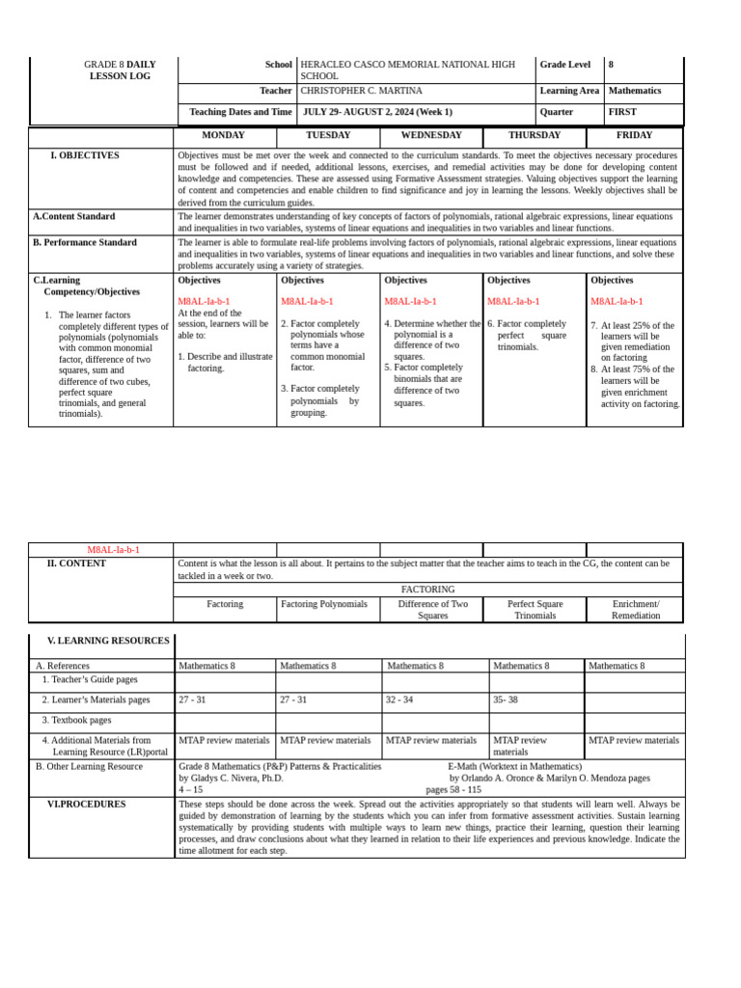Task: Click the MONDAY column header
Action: (x=223, y=136)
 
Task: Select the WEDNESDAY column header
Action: (x=430, y=136)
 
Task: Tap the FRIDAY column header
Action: (x=634, y=136)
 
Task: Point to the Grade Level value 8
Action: (x=611, y=65)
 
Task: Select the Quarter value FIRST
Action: (x=622, y=112)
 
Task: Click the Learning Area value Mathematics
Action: (x=634, y=91)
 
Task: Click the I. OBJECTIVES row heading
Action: (x=85, y=155)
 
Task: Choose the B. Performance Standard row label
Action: (x=85, y=242)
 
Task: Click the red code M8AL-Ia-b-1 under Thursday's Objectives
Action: (x=513, y=302)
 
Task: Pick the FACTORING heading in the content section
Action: (x=427, y=589)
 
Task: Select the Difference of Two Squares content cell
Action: (x=432, y=610)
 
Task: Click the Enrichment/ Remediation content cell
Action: (x=635, y=610)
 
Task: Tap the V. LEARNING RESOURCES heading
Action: (x=108, y=641)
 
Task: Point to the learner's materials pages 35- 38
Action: (x=507, y=700)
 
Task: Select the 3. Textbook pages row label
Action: (x=76, y=720)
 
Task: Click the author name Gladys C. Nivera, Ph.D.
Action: (x=231, y=778)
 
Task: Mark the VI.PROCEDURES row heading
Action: (x=86, y=804)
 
